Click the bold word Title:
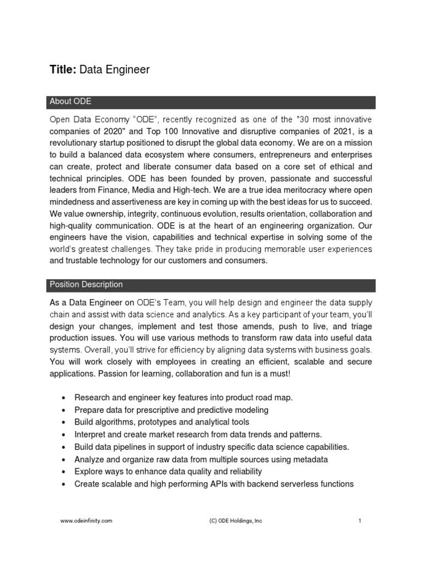(x=63, y=69)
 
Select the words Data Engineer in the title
(x=114, y=69)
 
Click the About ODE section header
(x=70, y=102)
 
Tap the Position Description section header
(x=86, y=285)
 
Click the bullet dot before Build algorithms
(x=65, y=422)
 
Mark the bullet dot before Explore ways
(x=65, y=472)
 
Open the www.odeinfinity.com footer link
(x=86, y=521)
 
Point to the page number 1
(x=359, y=521)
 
